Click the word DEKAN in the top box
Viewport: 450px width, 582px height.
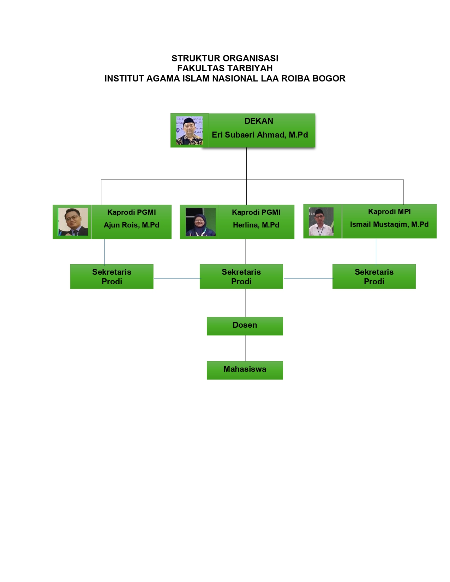pos(259,121)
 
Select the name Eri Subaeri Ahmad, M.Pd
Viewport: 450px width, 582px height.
pos(260,135)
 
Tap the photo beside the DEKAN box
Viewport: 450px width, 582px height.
pos(189,131)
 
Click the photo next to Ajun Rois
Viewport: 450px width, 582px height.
pos(73,222)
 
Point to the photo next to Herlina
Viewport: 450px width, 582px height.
pos(200,222)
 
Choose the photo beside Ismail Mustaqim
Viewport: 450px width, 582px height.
pos(321,222)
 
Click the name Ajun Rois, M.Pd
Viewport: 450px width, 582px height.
pos(131,225)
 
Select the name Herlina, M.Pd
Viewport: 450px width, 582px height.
pos(256,225)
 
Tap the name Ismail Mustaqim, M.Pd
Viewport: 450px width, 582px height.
pos(389,224)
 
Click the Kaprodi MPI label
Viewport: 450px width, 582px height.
pos(389,212)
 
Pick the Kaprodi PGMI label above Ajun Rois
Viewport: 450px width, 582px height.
pos(131,212)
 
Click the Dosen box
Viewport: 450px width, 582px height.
pos(245,326)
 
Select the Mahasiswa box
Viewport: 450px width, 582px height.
pos(245,370)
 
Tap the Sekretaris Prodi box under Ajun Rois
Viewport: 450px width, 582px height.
pos(112,277)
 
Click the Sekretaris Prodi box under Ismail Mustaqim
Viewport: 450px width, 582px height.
pos(374,277)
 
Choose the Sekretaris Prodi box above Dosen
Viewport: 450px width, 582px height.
pos(241,277)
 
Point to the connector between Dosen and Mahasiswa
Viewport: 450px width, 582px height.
pos(246,348)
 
